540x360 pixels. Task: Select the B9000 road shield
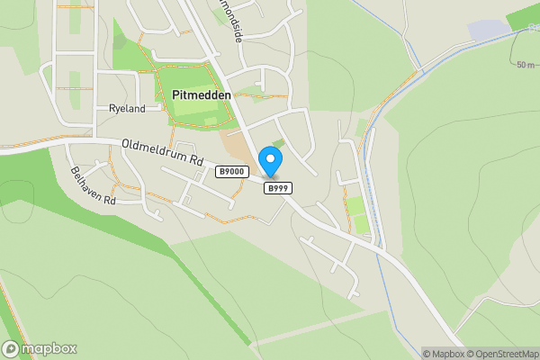tap(231, 171)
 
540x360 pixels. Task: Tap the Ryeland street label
tap(127, 108)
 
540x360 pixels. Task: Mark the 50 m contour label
tap(526, 65)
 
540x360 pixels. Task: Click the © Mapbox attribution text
tap(442, 354)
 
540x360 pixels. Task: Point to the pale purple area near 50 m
tap(488, 31)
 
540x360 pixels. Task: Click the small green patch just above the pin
tap(278, 143)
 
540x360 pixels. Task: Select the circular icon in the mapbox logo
tap(12, 348)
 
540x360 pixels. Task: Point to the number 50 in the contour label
tap(523, 65)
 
